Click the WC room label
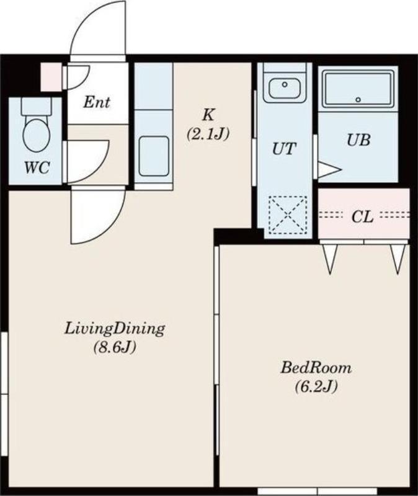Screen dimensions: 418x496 pyautogui.click(x=37, y=167)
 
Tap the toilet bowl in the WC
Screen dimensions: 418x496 pyautogui.click(x=37, y=135)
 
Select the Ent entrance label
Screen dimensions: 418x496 pyautogui.click(x=97, y=102)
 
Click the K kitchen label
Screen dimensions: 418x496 pyautogui.click(x=208, y=115)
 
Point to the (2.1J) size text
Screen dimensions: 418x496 pyautogui.click(x=208, y=134)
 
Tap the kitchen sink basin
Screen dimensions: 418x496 pyautogui.click(x=154, y=156)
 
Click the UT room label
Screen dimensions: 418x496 pyautogui.click(x=285, y=148)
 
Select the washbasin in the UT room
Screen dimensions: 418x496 pyautogui.click(x=285, y=87)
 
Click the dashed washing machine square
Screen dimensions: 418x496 pyautogui.click(x=288, y=215)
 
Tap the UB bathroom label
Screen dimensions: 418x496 pyautogui.click(x=358, y=140)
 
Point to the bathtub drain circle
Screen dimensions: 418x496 pyautogui.click(x=358, y=100)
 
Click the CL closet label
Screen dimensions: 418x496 pyautogui.click(x=363, y=217)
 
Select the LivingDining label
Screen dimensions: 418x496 pyautogui.click(x=115, y=329)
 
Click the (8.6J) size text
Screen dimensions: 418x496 pyautogui.click(x=115, y=348)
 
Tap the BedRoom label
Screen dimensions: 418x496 pyautogui.click(x=316, y=368)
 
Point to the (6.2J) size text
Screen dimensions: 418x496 pyautogui.click(x=316, y=386)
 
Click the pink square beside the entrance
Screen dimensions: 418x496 pyautogui.click(x=51, y=77)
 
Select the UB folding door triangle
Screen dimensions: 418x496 pyautogui.click(x=329, y=170)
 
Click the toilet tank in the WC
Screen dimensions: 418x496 pyautogui.click(x=36, y=106)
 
